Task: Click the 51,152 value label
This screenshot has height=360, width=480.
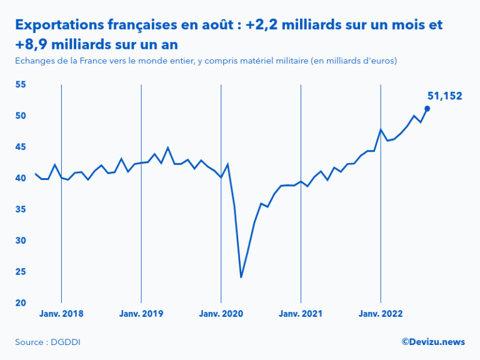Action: [x=444, y=96]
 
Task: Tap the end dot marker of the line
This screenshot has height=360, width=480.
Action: [x=427, y=108]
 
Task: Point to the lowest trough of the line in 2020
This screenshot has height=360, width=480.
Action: [x=241, y=277]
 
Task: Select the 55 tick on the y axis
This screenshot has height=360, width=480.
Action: [x=21, y=84]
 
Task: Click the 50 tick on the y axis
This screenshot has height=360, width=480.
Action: [x=21, y=116]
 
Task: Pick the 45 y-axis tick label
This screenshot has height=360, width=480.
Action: [x=21, y=147]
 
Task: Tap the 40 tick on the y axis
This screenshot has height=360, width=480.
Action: [x=21, y=178]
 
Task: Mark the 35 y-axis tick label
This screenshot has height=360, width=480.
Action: [x=21, y=209]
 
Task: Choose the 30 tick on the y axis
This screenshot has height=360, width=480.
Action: [x=21, y=241]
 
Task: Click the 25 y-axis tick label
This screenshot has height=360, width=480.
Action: [x=21, y=272]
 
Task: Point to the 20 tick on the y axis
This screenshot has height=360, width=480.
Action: [x=21, y=303]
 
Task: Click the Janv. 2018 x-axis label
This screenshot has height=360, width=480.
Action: [x=61, y=314]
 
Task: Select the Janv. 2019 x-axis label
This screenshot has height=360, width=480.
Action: [x=141, y=314]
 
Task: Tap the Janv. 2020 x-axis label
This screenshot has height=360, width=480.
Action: [x=221, y=314]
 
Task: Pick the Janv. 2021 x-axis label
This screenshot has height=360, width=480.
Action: [x=301, y=314]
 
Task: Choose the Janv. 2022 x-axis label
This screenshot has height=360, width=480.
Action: [x=381, y=314]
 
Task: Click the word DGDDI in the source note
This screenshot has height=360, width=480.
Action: [x=67, y=342]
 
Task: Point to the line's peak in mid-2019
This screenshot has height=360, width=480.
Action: [x=168, y=147]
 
